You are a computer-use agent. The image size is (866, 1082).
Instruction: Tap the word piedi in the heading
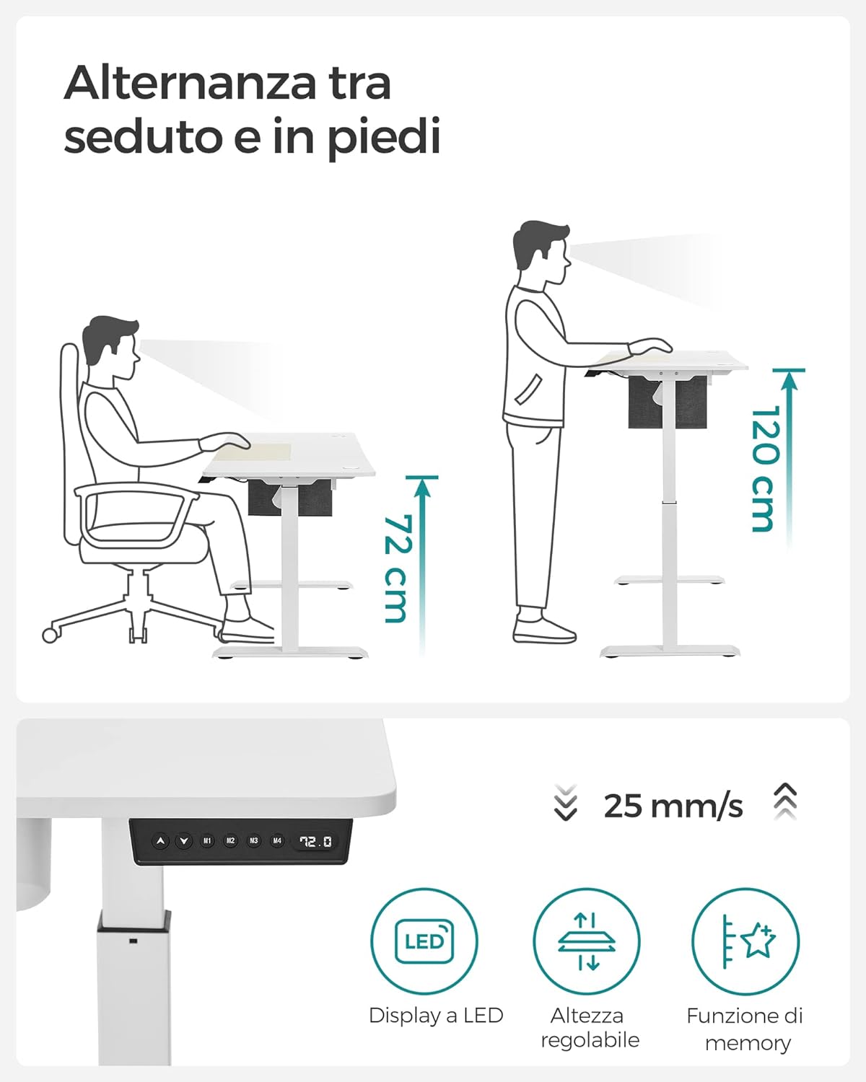click(383, 137)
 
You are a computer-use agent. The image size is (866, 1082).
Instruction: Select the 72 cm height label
click(396, 568)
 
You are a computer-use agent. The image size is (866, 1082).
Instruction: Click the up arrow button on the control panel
click(160, 840)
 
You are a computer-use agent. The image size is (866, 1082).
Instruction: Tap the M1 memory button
click(207, 840)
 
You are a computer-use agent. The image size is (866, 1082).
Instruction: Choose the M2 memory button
click(230, 840)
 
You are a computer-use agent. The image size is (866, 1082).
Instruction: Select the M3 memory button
click(253, 840)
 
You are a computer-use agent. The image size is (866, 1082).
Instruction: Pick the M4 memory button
click(276, 840)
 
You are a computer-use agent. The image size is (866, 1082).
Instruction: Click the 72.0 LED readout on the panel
click(316, 841)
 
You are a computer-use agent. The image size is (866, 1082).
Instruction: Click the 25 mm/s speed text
click(673, 806)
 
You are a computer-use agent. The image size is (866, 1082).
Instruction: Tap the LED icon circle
click(424, 941)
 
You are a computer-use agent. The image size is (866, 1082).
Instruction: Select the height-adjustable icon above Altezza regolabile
click(586, 941)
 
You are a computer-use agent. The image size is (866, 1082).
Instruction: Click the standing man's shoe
click(544, 630)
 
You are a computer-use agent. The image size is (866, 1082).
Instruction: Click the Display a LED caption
click(436, 1016)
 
